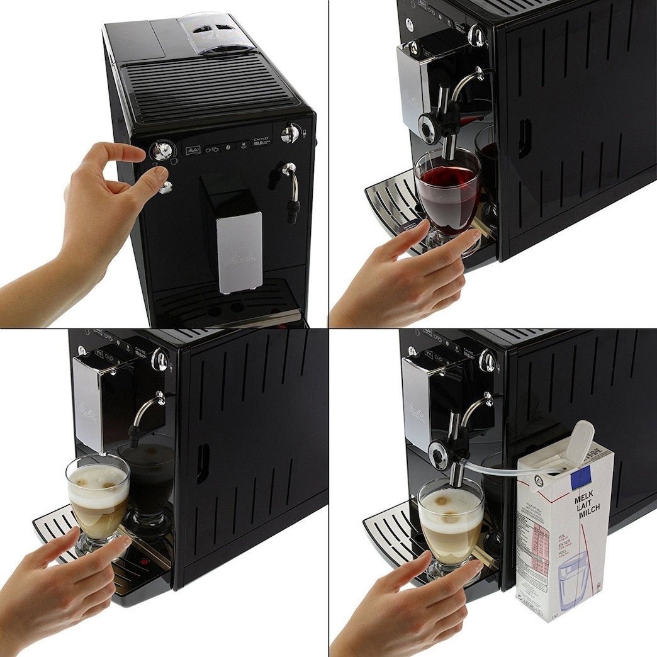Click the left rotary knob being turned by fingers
coord(162,150)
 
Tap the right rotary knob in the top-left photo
coord(289,133)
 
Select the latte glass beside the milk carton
coord(450,522)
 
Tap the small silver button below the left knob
coord(166,187)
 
